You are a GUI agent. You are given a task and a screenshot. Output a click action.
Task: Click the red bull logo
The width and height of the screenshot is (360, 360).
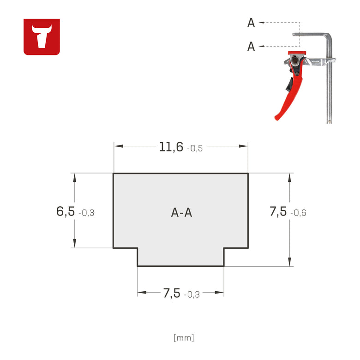coord(42,37)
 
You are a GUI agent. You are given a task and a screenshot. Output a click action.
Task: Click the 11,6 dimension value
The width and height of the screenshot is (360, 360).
coord(171,147)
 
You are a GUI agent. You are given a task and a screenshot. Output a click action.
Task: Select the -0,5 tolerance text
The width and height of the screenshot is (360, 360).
coord(195,149)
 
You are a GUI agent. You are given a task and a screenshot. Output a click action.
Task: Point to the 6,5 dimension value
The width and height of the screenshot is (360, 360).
coord(66,211)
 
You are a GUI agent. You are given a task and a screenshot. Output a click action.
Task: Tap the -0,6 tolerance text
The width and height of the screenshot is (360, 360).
coord(298,213)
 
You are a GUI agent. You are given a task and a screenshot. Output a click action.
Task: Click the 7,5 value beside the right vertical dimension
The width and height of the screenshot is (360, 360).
coord(278,211)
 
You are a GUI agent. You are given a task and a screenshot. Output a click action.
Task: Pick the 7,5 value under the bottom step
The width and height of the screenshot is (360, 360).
coord(172,293)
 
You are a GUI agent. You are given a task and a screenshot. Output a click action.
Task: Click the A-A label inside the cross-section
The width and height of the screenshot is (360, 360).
coord(181,213)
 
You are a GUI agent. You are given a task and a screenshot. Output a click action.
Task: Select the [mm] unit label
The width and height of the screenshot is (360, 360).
coord(184,338)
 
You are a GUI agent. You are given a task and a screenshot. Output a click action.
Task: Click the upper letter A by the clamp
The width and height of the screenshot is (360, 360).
coord(251,23)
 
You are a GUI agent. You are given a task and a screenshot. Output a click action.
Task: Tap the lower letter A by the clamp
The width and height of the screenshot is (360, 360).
coord(251,46)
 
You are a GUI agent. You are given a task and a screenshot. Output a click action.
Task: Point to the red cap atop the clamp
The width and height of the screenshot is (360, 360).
coord(297,53)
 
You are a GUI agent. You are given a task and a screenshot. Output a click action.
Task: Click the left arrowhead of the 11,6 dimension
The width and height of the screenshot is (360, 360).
coord(118,146)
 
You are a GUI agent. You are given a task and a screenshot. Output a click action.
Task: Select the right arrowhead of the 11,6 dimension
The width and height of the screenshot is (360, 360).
coord(243,146)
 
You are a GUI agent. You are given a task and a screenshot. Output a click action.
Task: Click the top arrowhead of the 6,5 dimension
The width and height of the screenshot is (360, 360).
coord(75,178)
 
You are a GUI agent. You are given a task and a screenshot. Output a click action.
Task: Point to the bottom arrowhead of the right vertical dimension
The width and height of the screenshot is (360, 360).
coord(289,262)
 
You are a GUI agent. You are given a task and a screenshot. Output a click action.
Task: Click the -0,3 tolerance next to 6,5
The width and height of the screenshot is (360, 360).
coord(86,213)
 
